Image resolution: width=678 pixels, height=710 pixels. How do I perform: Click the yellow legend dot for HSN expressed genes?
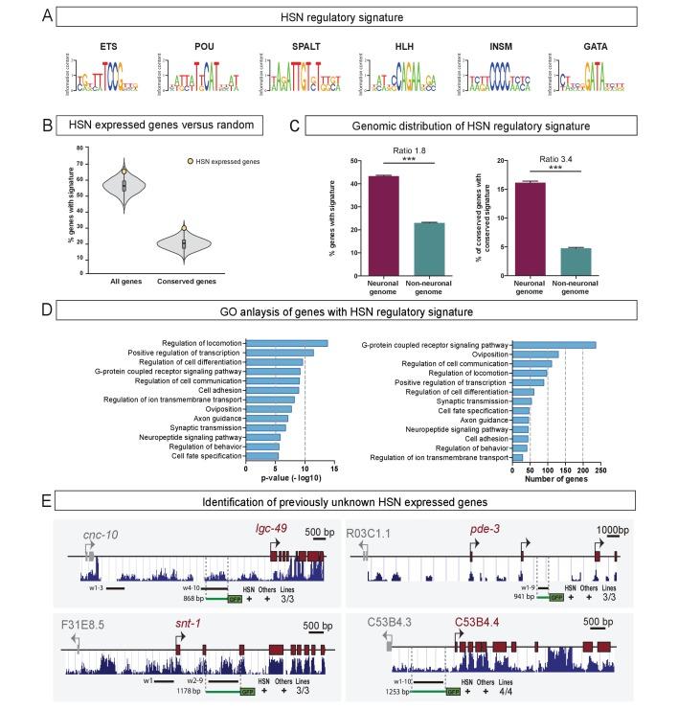181,160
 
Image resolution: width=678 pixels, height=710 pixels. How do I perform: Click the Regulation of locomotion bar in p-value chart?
286,343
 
